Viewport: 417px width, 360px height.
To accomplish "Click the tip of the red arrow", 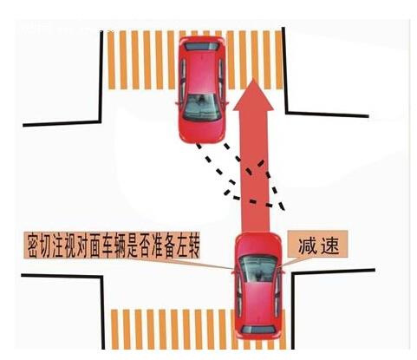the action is tap(253, 78).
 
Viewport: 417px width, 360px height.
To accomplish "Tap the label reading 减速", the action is tap(318, 246).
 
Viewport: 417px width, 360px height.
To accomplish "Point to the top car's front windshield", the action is tap(202, 108).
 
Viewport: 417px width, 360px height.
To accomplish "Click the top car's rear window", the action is tap(202, 46).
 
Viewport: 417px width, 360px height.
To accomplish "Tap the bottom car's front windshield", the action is tap(257, 269).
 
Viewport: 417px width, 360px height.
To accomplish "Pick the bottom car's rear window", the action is tap(257, 330).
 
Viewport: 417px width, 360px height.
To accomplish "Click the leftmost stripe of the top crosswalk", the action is tap(112, 60).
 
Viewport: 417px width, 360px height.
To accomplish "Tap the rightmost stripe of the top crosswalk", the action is tap(278, 60).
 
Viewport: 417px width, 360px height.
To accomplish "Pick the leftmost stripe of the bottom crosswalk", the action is tap(115, 330).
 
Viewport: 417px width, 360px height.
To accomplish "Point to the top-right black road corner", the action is tap(287, 112).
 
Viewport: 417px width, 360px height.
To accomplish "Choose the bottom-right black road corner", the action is tap(292, 273).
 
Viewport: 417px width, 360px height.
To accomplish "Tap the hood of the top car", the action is tap(202, 132).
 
